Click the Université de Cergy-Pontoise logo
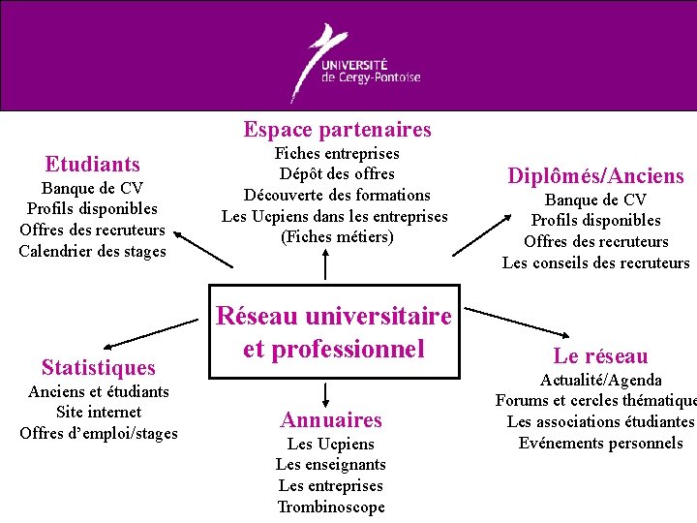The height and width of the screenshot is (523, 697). point(359,62)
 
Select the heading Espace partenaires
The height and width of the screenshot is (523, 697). point(337,130)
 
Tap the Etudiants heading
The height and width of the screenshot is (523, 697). point(93,165)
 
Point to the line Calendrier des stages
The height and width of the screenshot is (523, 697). point(93,252)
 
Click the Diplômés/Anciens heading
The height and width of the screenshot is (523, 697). point(596,176)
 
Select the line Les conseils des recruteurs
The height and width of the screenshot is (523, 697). point(596,262)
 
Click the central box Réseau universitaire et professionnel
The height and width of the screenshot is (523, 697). point(334,332)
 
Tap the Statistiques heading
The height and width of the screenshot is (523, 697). point(98,368)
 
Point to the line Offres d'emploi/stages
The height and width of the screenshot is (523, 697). point(99,433)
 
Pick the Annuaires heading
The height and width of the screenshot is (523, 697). point(331,420)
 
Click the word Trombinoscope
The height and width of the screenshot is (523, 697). point(331,508)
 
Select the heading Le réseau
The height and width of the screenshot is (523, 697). point(600,356)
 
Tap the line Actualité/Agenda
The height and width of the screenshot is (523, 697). point(600,380)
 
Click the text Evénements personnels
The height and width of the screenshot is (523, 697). point(600,444)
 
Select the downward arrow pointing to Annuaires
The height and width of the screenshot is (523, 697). point(326,394)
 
